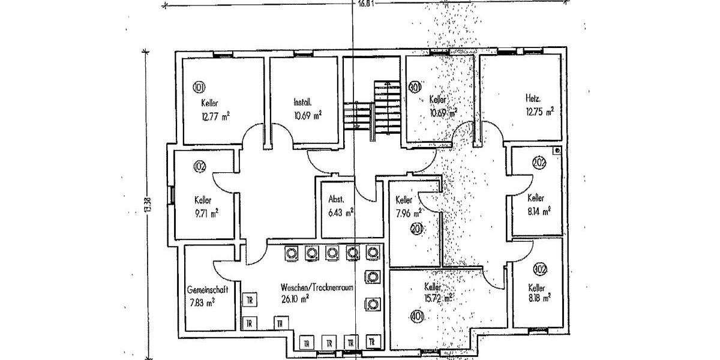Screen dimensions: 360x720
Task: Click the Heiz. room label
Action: click(533, 98)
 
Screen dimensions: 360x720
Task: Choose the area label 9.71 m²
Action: click(206, 212)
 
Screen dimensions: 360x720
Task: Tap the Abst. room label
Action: click(335, 200)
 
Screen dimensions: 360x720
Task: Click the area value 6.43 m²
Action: click(340, 212)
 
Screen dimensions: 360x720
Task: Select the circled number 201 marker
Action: click(416, 228)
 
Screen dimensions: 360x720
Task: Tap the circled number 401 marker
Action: click(416, 316)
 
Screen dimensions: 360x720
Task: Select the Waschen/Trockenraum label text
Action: click(316, 287)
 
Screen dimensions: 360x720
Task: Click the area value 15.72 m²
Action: click(439, 297)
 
